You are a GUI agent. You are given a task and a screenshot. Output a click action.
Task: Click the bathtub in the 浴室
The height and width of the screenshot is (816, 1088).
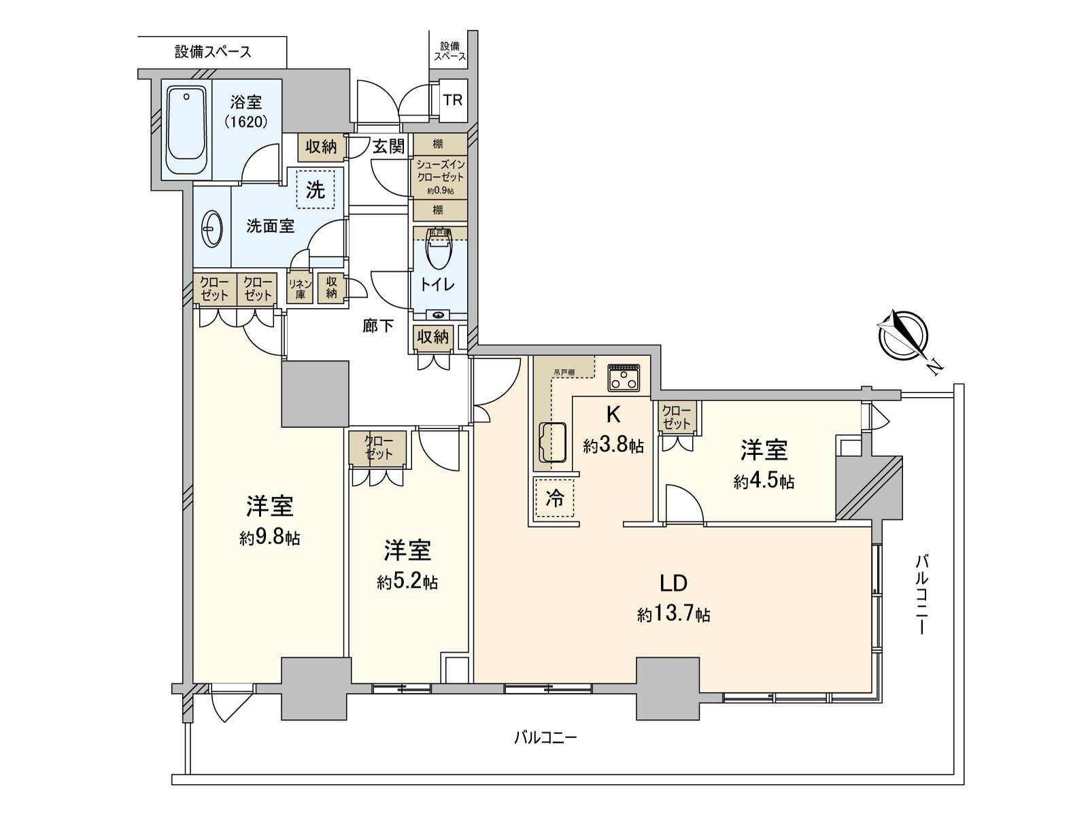186,131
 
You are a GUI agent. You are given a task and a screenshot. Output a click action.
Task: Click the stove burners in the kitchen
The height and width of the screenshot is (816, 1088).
624,377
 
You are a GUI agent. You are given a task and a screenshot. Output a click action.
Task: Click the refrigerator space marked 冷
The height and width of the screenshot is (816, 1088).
555,498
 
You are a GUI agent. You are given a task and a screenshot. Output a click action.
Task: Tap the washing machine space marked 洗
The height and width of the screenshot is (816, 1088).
316,190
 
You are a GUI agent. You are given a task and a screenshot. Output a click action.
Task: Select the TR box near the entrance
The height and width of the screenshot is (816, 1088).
453,100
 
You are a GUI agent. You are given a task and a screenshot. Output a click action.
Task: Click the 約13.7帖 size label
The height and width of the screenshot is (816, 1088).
674,615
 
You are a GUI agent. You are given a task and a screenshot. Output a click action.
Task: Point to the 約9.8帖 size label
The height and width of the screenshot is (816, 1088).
270,539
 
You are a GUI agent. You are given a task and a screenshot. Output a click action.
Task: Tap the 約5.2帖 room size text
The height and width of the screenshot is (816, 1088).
407,582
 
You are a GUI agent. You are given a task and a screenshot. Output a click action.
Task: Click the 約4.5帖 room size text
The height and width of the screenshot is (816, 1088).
764,481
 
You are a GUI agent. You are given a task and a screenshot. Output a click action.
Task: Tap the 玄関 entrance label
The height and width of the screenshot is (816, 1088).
388,146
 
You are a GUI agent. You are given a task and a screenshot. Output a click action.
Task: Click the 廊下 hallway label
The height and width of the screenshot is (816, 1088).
377,326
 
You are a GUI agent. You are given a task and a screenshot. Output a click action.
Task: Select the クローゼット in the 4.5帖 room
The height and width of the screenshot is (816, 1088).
677,416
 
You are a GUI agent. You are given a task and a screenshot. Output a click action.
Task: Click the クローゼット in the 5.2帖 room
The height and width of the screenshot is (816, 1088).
378,447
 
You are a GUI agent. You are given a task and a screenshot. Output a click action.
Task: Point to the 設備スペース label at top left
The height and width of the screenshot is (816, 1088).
213,52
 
